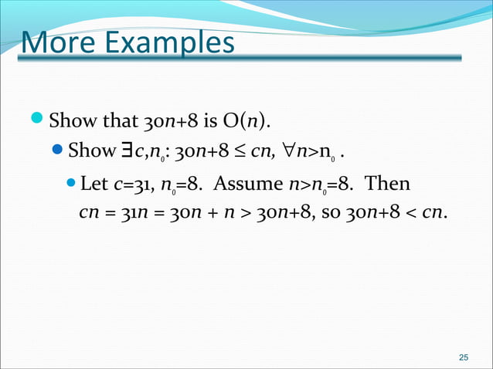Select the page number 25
(x=463, y=357)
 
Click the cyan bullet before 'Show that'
(x=38, y=120)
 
